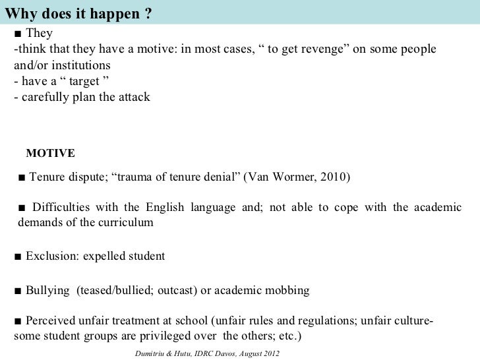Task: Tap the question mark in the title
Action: tap(142, 11)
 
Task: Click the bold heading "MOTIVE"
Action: tap(50, 154)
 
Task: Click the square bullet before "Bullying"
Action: tap(18, 291)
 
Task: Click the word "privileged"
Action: tap(164, 336)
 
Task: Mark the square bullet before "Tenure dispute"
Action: tap(22, 177)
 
